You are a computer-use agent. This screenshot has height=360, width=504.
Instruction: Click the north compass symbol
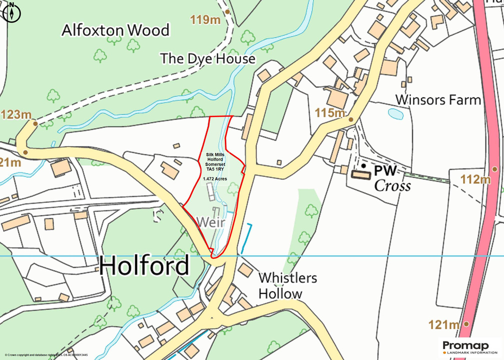point(11,12)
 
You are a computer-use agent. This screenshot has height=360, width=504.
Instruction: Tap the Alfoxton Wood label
point(115,30)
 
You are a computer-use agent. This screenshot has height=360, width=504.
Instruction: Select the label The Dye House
point(207,59)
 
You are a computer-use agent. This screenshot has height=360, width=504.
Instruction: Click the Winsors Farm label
point(437,99)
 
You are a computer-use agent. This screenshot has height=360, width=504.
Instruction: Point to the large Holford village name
point(144,265)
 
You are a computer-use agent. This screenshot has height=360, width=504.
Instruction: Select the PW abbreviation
point(385,171)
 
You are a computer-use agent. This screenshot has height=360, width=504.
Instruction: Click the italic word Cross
point(392,186)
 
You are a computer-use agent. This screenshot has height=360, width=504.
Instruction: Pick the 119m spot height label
point(205,20)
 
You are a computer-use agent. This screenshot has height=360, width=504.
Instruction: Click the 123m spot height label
point(16,114)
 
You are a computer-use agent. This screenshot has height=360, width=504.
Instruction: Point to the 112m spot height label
point(475,179)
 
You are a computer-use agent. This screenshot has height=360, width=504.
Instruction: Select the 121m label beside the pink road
point(443,325)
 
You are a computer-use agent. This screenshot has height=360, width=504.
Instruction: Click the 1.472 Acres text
point(214,178)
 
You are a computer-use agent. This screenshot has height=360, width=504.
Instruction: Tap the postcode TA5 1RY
point(214,169)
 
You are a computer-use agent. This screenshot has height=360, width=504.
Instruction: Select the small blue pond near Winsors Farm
point(395,114)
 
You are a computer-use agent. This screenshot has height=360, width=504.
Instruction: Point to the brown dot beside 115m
point(351,119)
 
